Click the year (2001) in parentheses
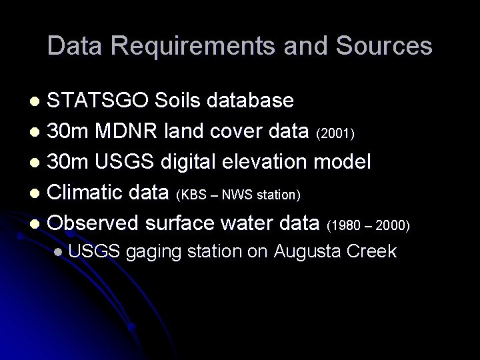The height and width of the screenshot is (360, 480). (x=341, y=134)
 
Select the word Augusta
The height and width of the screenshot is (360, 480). (x=313, y=251)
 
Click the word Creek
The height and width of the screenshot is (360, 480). (x=373, y=251)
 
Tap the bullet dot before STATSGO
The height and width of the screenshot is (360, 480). (x=38, y=102)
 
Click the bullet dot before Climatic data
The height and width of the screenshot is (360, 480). (x=38, y=195)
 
